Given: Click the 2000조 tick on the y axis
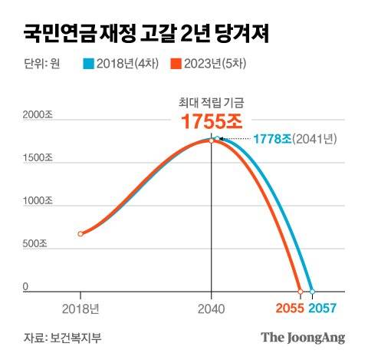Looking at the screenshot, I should [x=37, y=115].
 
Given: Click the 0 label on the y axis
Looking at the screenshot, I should [x=25, y=288].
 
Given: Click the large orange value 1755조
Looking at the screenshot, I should [x=210, y=121].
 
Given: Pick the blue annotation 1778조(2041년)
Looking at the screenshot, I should [x=295, y=138].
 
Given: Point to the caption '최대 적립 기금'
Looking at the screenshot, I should [x=210, y=101].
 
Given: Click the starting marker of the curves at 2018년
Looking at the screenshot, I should [x=80, y=233].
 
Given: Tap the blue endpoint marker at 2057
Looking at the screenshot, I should [x=311, y=292].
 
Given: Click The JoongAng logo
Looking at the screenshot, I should [x=302, y=337].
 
